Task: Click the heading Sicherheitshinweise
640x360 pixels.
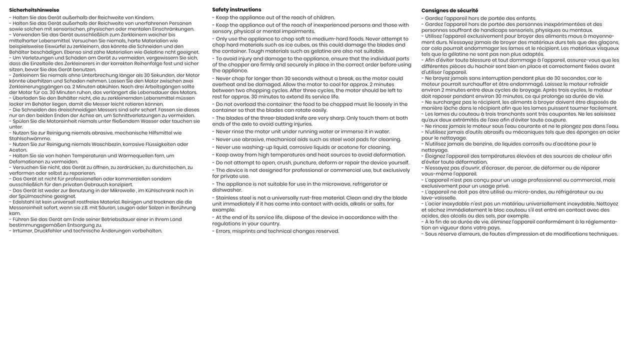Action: (x=34, y=10)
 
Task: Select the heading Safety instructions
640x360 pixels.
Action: (x=236, y=9)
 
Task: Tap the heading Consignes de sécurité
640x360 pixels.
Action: (x=449, y=10)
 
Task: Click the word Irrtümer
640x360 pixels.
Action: (x=23, y=231)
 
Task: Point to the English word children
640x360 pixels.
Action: (x=323, y=17)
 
